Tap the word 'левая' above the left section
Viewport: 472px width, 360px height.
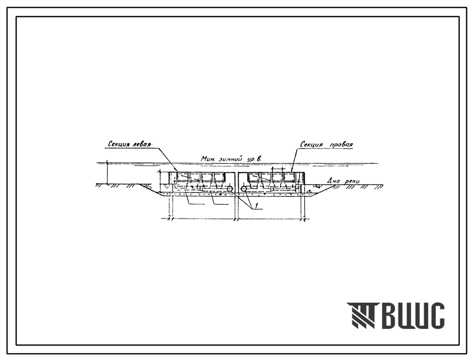141,144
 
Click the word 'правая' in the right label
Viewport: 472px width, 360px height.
341,145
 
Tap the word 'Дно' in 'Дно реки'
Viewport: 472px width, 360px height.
332,181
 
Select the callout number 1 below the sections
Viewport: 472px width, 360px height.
257,205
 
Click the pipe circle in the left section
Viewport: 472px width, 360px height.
230,189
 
